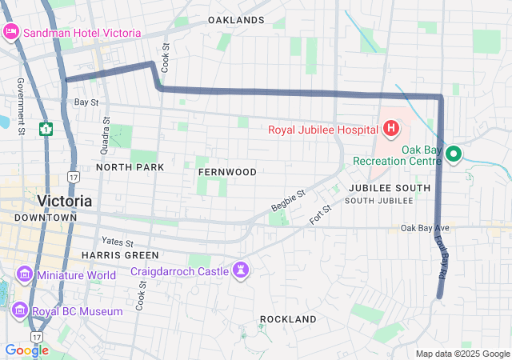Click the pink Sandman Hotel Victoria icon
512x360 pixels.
click(12, 32)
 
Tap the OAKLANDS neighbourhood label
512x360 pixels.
click(236, 19)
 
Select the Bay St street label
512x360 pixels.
click(86, 102)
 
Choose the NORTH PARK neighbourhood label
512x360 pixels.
click(130, 167)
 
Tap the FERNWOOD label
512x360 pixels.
click(228, 172)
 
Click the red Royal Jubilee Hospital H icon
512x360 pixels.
click(391, 128)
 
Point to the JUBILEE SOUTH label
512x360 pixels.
click(390, 187)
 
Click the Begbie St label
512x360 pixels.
click(289, 201)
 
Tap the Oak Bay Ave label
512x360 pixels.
click(426, 228)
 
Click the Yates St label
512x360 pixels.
click(118, 242)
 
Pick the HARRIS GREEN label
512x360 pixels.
click(112, 254)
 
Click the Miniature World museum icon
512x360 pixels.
click(25, 275)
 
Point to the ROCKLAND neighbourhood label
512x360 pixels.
click(288, 319)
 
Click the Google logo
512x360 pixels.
click(26, 350)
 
